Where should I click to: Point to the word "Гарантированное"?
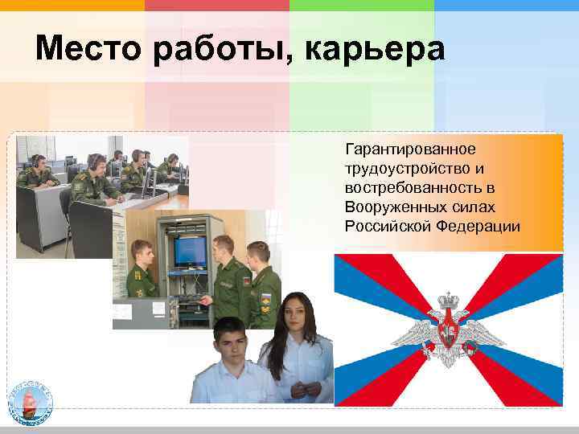pyautogui.click(x=410, y=150)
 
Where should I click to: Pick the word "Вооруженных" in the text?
pyautogui.click(x=392, y=207)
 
